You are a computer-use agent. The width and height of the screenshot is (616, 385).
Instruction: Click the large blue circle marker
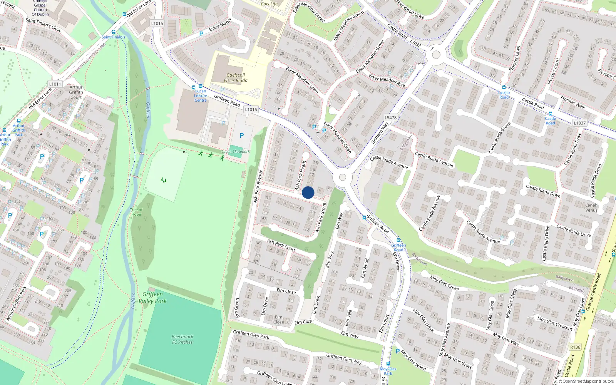[x=308, y=192]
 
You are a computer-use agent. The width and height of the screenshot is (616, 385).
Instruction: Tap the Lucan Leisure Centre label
[x=200, y=96]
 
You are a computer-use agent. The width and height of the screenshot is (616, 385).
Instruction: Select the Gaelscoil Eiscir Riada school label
[x=236, y=78]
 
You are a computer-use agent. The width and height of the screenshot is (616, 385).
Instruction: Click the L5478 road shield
[x=390, y=117]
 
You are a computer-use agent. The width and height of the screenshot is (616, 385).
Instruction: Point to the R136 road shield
[x=575, y=347]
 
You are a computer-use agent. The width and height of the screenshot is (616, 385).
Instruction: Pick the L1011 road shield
[x=55, y=84]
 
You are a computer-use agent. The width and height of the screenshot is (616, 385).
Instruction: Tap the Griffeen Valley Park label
[x=152, y=298]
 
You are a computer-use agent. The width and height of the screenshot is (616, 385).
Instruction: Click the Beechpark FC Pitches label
[x=182, y=339]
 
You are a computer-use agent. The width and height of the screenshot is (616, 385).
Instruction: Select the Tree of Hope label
[x=136, y=212]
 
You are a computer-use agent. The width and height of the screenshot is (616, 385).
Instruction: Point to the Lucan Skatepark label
[x=236, y=151]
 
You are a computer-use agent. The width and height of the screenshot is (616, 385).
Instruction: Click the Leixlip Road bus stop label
[x=504, y=95]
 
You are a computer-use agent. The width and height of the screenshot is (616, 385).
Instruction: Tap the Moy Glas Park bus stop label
[x=388, y=371]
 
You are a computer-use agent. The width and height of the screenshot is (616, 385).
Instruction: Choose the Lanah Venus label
[x=591, y=208]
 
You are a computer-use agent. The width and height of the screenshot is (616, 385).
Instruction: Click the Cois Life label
[x=269, y=4]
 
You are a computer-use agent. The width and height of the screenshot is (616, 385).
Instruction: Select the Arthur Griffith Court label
[x=76, y=92]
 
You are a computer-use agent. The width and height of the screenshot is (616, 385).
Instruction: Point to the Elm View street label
[x=350, y=335]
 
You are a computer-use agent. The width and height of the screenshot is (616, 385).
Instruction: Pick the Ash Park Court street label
[x=281, y=245]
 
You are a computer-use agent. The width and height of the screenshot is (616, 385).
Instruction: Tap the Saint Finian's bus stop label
[x=113, y=37]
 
